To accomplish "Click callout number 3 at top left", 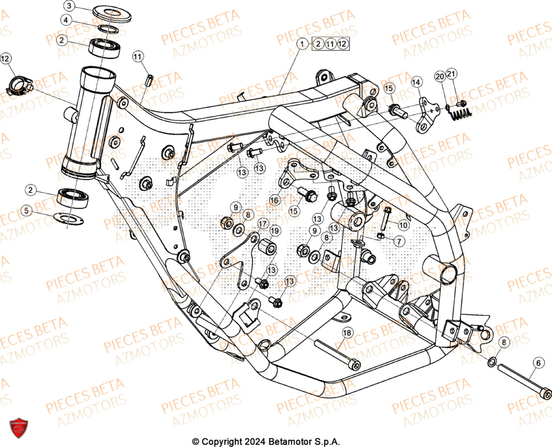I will (68, 6).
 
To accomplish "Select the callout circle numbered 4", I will (66, 20).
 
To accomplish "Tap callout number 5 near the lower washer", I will (25, 210).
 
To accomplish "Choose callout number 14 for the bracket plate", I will (416, 82).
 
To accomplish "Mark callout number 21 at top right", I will (452, 75).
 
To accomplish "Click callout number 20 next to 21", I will (439, 75).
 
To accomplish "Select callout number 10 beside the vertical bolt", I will (404, 225).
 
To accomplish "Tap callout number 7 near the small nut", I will (399, 241).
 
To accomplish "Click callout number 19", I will (275, 230).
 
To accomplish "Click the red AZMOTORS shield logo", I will (18, 428).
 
